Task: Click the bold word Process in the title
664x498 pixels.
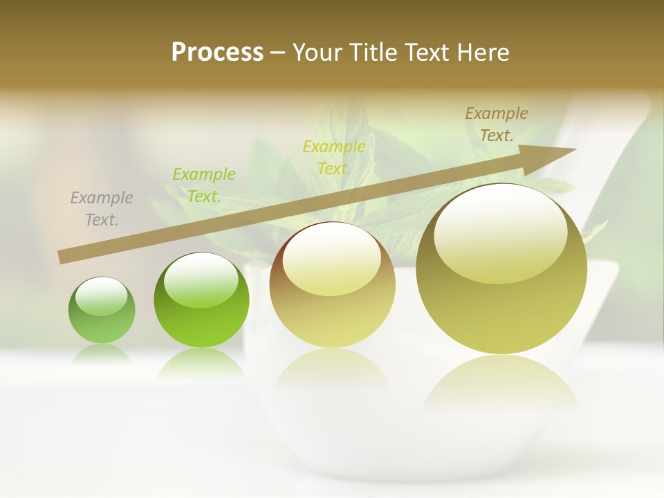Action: (217, 53)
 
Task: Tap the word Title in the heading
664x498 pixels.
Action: (375, 53)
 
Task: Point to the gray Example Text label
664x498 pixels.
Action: (102, 208)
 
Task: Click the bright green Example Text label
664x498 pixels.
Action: (204, 185)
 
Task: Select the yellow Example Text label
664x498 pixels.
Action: (334, 157)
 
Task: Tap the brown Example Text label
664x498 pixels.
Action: (497, 124)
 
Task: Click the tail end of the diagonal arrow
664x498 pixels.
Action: (62, 257)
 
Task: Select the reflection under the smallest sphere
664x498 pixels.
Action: (102, 354)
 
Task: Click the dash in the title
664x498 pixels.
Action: (277, 53)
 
